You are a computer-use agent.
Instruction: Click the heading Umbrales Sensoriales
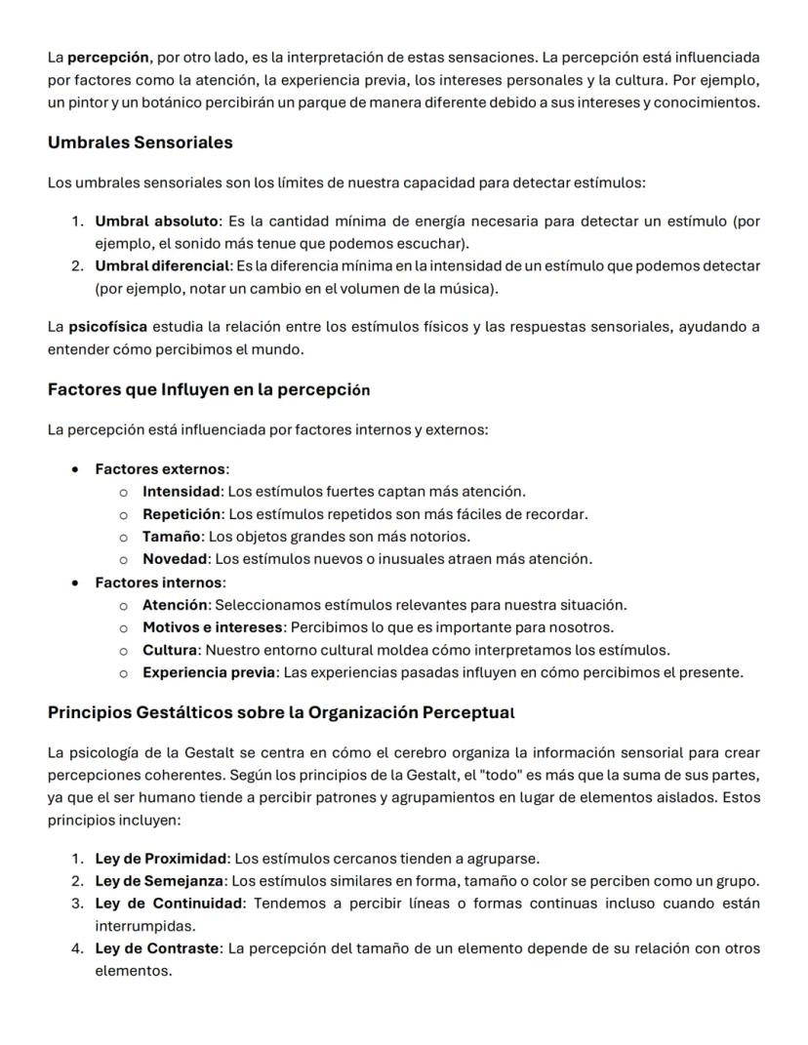140,142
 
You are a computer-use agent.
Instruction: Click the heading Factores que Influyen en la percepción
208,389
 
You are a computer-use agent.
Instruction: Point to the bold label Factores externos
159,469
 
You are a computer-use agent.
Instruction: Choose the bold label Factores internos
159,583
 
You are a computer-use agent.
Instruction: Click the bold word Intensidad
182,492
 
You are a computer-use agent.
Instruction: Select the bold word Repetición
182,514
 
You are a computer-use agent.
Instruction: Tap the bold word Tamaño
172,537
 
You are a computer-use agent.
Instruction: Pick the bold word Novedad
176,559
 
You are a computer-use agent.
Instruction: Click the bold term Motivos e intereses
214,627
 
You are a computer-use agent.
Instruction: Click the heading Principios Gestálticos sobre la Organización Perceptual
280,712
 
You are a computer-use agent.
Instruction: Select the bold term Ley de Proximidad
160,859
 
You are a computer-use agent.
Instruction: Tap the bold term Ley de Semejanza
159,881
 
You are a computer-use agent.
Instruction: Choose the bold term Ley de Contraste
156,948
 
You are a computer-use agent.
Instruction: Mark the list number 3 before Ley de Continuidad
76,904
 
